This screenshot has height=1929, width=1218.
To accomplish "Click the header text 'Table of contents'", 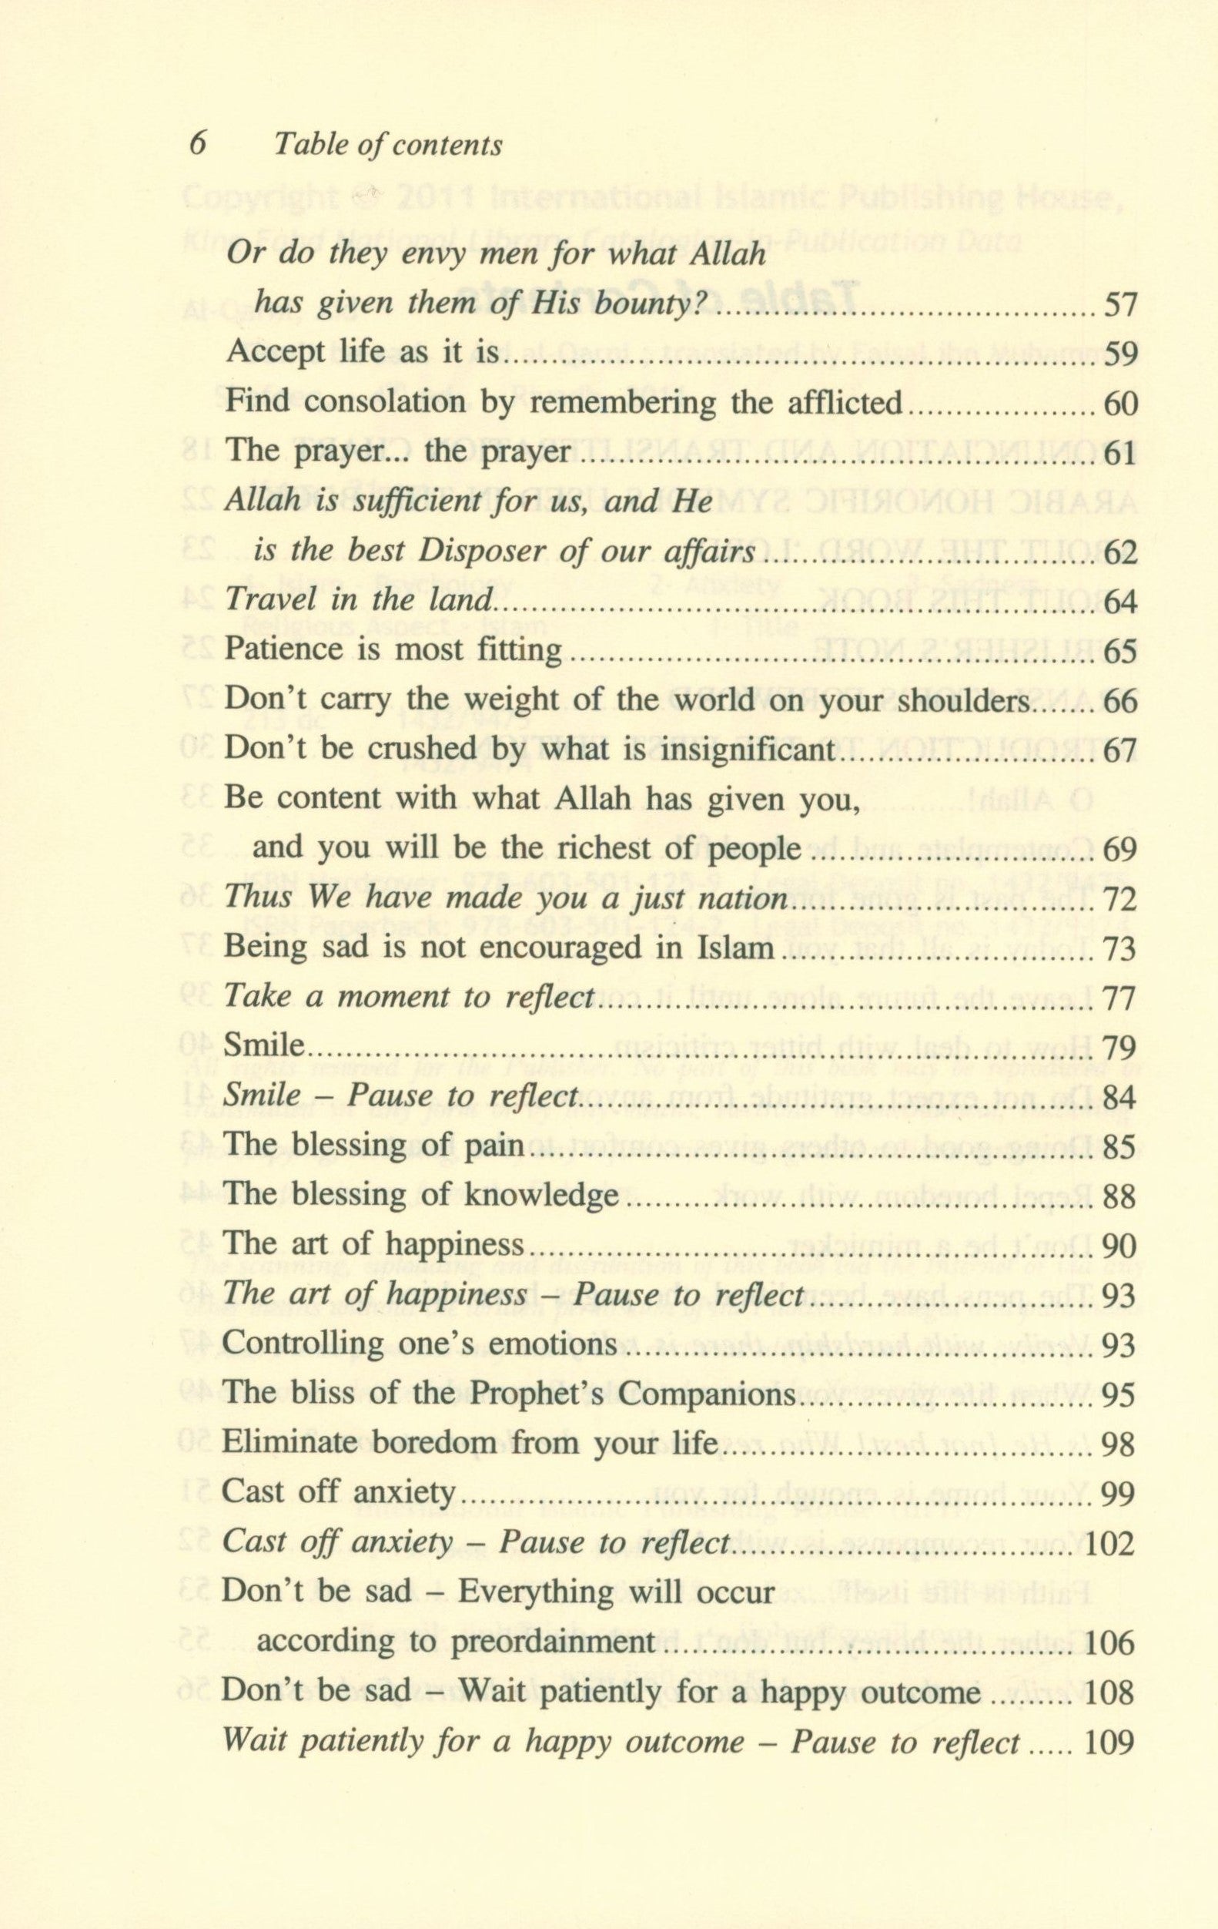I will [x=387, y=145].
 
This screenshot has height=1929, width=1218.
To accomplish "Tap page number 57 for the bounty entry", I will [x=1119, y=305].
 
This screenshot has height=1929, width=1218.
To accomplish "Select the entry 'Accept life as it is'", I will [x=363, y=354].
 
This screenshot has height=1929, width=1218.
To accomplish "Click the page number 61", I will [x=1119, y=454].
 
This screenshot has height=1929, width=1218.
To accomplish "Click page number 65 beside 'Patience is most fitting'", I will [x=1119, y=652].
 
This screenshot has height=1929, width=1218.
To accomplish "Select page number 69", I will [x=1119, y=850].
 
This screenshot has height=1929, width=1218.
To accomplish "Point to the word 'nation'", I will [x=743, y=899].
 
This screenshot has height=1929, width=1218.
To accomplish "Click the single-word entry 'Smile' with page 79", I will [x=263, y=1047].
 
